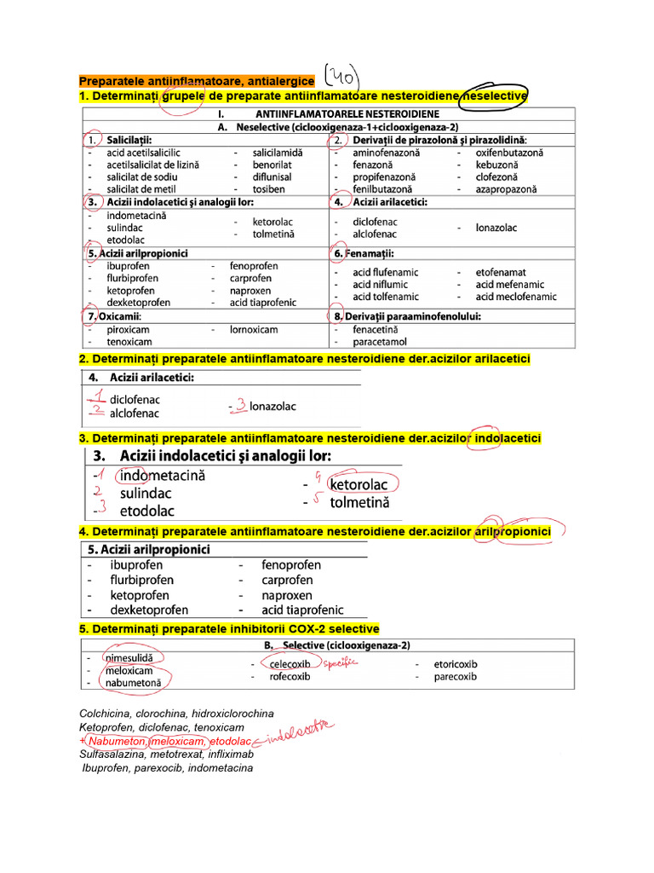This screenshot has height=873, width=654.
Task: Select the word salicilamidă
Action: (278, 153)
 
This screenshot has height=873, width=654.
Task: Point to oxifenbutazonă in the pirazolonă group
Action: (510, 153)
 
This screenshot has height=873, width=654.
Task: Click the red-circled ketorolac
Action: (359, 485)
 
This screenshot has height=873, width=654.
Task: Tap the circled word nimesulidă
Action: (134, 658)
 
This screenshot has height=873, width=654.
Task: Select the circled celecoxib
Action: (290, 663)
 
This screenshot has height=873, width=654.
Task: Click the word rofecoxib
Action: (290, 677)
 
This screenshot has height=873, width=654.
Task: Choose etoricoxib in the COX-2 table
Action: (456, 663)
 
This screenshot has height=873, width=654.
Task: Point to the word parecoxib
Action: (456, 677)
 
